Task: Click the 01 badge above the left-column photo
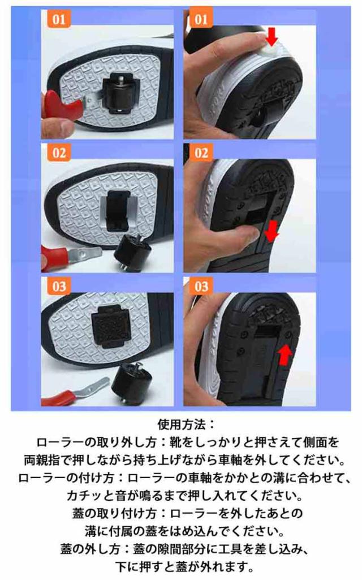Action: point(59,19)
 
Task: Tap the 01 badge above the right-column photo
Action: point(201,19)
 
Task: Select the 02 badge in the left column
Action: point(59,152)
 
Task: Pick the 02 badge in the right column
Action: point(201,152)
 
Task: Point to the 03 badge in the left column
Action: point(59,286)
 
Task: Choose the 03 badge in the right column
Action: point(201,286)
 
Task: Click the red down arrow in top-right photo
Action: point(272,37)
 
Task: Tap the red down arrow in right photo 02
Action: point(271,231)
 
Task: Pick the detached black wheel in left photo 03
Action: point(131,383)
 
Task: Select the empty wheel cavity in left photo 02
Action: point(118,211)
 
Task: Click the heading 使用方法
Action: point(186,424)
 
